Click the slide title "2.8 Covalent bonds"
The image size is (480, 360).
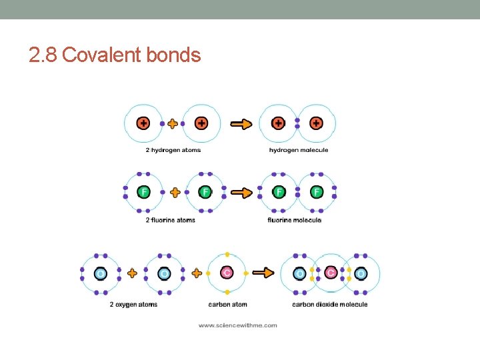pyautogui.click(x=115, y=55)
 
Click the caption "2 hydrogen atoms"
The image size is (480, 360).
pyautogui.click(x=173, y=150)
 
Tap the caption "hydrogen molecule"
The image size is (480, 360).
pyautogui.click(x=299, y=150)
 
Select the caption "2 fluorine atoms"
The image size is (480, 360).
pyautogui.click(x=171, y=220)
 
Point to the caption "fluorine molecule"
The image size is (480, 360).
pyautogui.click(x=294, y=220)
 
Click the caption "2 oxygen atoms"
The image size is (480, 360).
pyautogui.click(x=133, y=305)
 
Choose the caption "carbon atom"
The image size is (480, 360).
pyautogui.click(x=228, y=305)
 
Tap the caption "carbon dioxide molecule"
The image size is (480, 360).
pyautogui.click(x=329, y=305)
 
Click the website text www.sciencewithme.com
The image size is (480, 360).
pyautogui.click(x=238, y=325)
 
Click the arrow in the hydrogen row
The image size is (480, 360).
pyautogui.click(x=241, y=123)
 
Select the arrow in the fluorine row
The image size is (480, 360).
pyautogui.click(x=241, y=193)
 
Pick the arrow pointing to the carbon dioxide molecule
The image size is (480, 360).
pyautogui.click(x=264, y=273)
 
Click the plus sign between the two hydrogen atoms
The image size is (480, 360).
pyautogui.click(x=173, y=123)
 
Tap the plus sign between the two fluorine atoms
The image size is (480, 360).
pyautogui.click(x=175, y=193)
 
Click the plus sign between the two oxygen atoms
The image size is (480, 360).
pyautogui.click(x=132, y=273)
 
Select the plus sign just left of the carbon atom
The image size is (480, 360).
pyautogui.click(x=197, y=273)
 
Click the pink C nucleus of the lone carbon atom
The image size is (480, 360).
pyautogui.click(x=227, y=273)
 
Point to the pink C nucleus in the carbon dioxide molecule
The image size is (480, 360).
pyautogui.click(x=330, y=273)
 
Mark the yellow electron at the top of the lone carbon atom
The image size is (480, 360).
pyautogui.click(x=227, y=255)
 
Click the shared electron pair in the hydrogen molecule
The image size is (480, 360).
pyautogui.click(x=297, y=123)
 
